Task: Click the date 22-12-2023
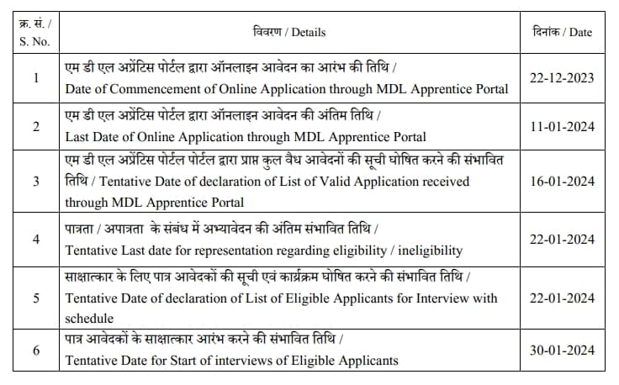(562, 77)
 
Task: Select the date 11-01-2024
(562, 126)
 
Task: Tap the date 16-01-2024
(562, 181)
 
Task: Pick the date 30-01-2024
(562, 351)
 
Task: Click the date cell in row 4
(562, 240)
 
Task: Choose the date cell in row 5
(562, 298)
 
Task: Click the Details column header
(288, 32)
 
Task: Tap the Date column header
(562, 32)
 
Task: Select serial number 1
(35, 77)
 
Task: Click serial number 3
(35, 181)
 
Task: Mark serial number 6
(35, 351)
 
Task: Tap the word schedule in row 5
(88, 319)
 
